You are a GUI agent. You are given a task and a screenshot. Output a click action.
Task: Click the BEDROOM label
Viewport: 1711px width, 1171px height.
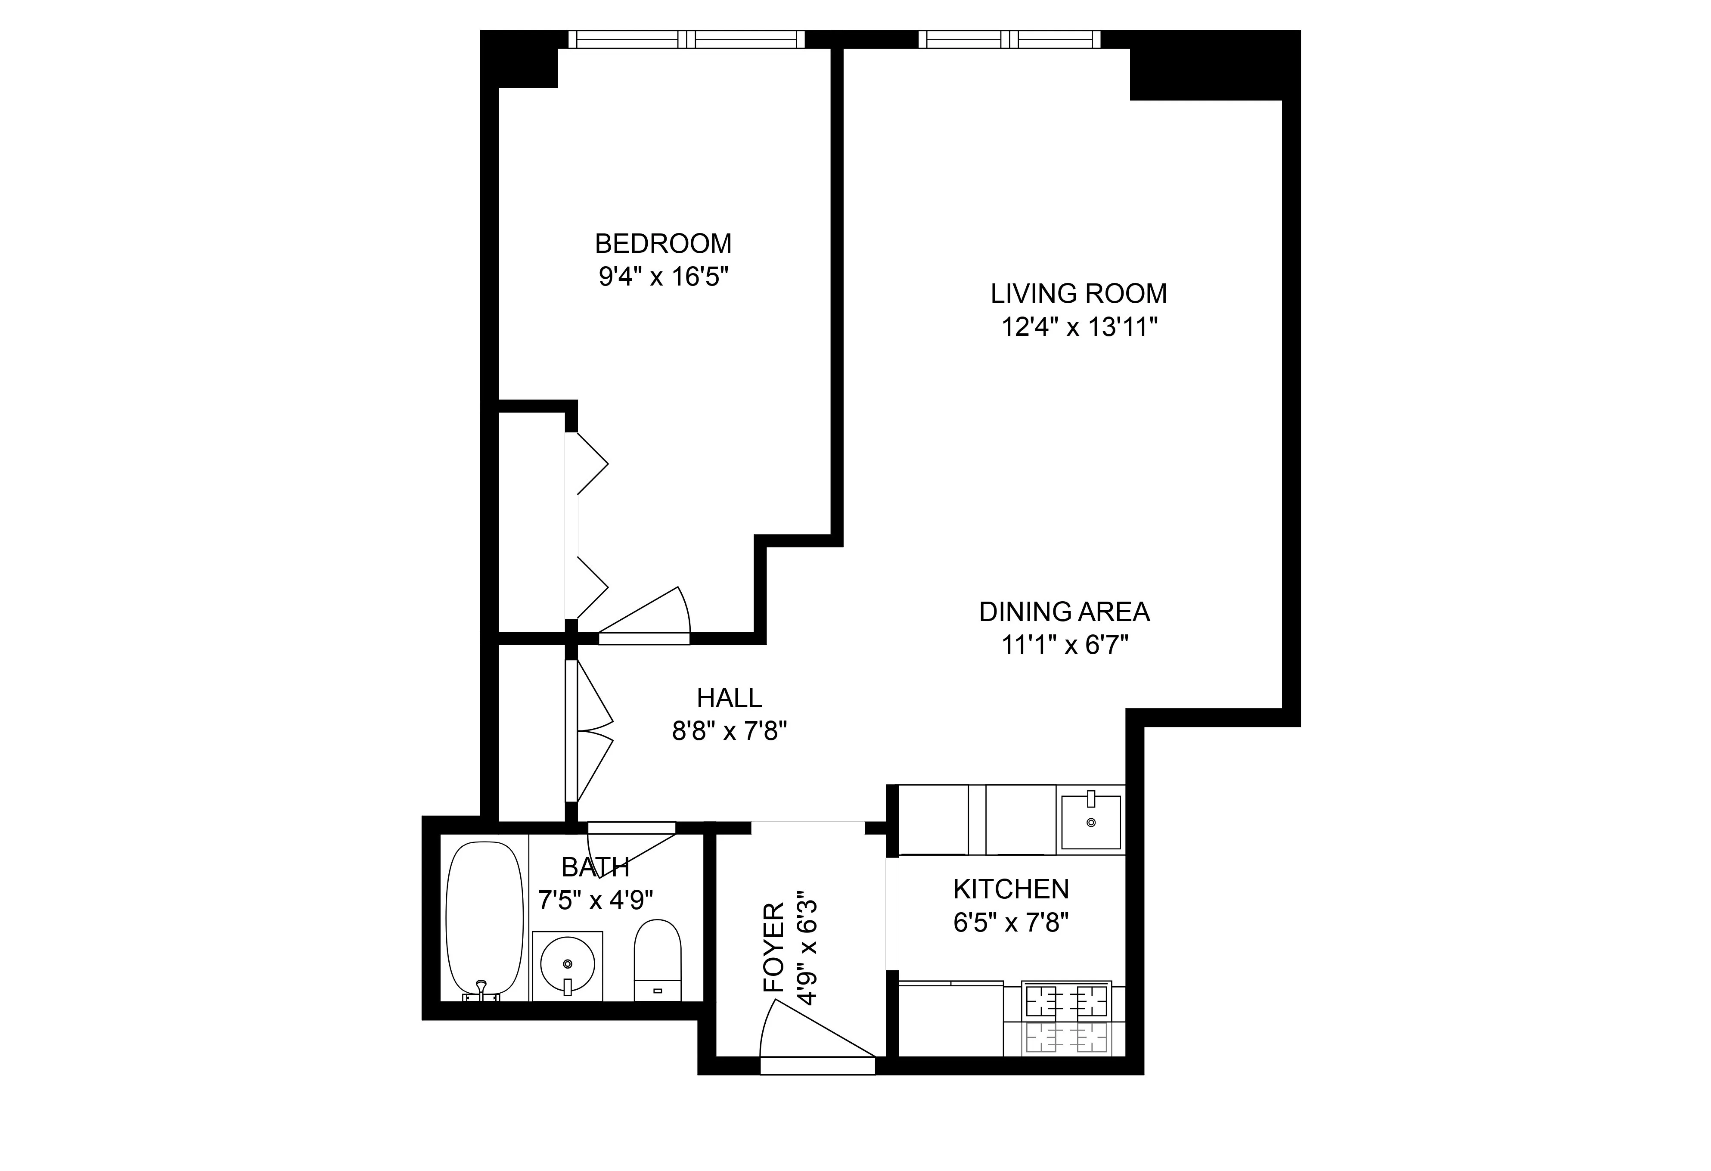click(663, 244)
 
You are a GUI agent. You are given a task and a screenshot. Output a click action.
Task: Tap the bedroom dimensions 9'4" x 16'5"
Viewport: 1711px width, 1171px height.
click(663, 278)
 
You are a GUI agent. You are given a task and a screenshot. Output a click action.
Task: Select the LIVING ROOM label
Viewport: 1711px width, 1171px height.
click(1078, 294)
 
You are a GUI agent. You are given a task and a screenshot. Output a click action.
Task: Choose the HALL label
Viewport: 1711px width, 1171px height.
click(729, 697)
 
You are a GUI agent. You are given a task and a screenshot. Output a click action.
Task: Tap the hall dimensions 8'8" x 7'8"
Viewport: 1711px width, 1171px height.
click(729, 731)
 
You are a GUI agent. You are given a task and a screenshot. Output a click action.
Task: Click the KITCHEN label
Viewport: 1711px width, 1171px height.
click(1010, 890)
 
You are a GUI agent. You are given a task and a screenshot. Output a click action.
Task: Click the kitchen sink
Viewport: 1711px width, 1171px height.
click(1090, 822)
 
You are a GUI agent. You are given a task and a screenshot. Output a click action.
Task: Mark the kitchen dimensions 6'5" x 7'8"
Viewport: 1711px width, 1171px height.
click(1010, 923)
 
